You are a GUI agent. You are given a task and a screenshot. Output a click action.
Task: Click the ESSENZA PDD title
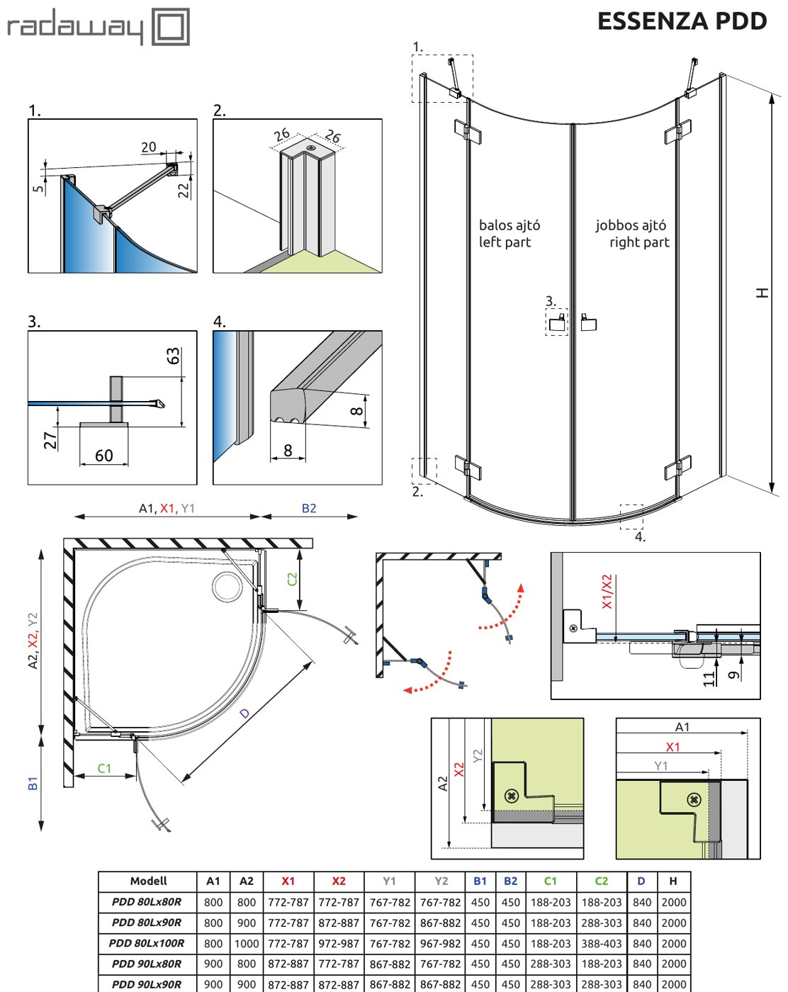[682, 21]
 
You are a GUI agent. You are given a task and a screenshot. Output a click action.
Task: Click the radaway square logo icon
[171, 26]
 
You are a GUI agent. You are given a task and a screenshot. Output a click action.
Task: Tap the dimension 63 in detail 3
[173, 356]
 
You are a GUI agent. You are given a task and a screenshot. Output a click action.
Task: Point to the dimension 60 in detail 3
[103, 456]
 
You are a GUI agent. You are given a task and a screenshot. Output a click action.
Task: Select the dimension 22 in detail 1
[184, 191]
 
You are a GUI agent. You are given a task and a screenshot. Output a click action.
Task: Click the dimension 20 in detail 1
[149, 147]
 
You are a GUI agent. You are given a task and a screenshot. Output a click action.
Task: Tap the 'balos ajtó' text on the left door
[509, 225]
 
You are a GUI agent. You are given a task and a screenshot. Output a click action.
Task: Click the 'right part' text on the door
[639, 242]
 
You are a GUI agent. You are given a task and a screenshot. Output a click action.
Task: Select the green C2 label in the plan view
[292, 579]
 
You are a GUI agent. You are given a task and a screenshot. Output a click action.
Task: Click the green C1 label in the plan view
[104, 768]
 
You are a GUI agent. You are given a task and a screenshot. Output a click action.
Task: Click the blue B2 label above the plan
[309, 508]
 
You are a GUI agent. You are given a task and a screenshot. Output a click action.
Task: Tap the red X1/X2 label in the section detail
[607, 592]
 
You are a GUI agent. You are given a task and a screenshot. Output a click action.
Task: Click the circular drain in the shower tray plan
[227, 586]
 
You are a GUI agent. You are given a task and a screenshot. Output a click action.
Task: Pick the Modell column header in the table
[148, 881]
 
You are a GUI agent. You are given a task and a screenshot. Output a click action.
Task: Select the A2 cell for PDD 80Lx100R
[247, 943]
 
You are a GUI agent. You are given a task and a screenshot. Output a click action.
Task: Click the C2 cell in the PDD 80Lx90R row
[601, 923]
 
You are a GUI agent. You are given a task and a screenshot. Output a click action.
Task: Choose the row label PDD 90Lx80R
[147, 964]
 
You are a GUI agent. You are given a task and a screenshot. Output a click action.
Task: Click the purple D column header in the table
[641, 881]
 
